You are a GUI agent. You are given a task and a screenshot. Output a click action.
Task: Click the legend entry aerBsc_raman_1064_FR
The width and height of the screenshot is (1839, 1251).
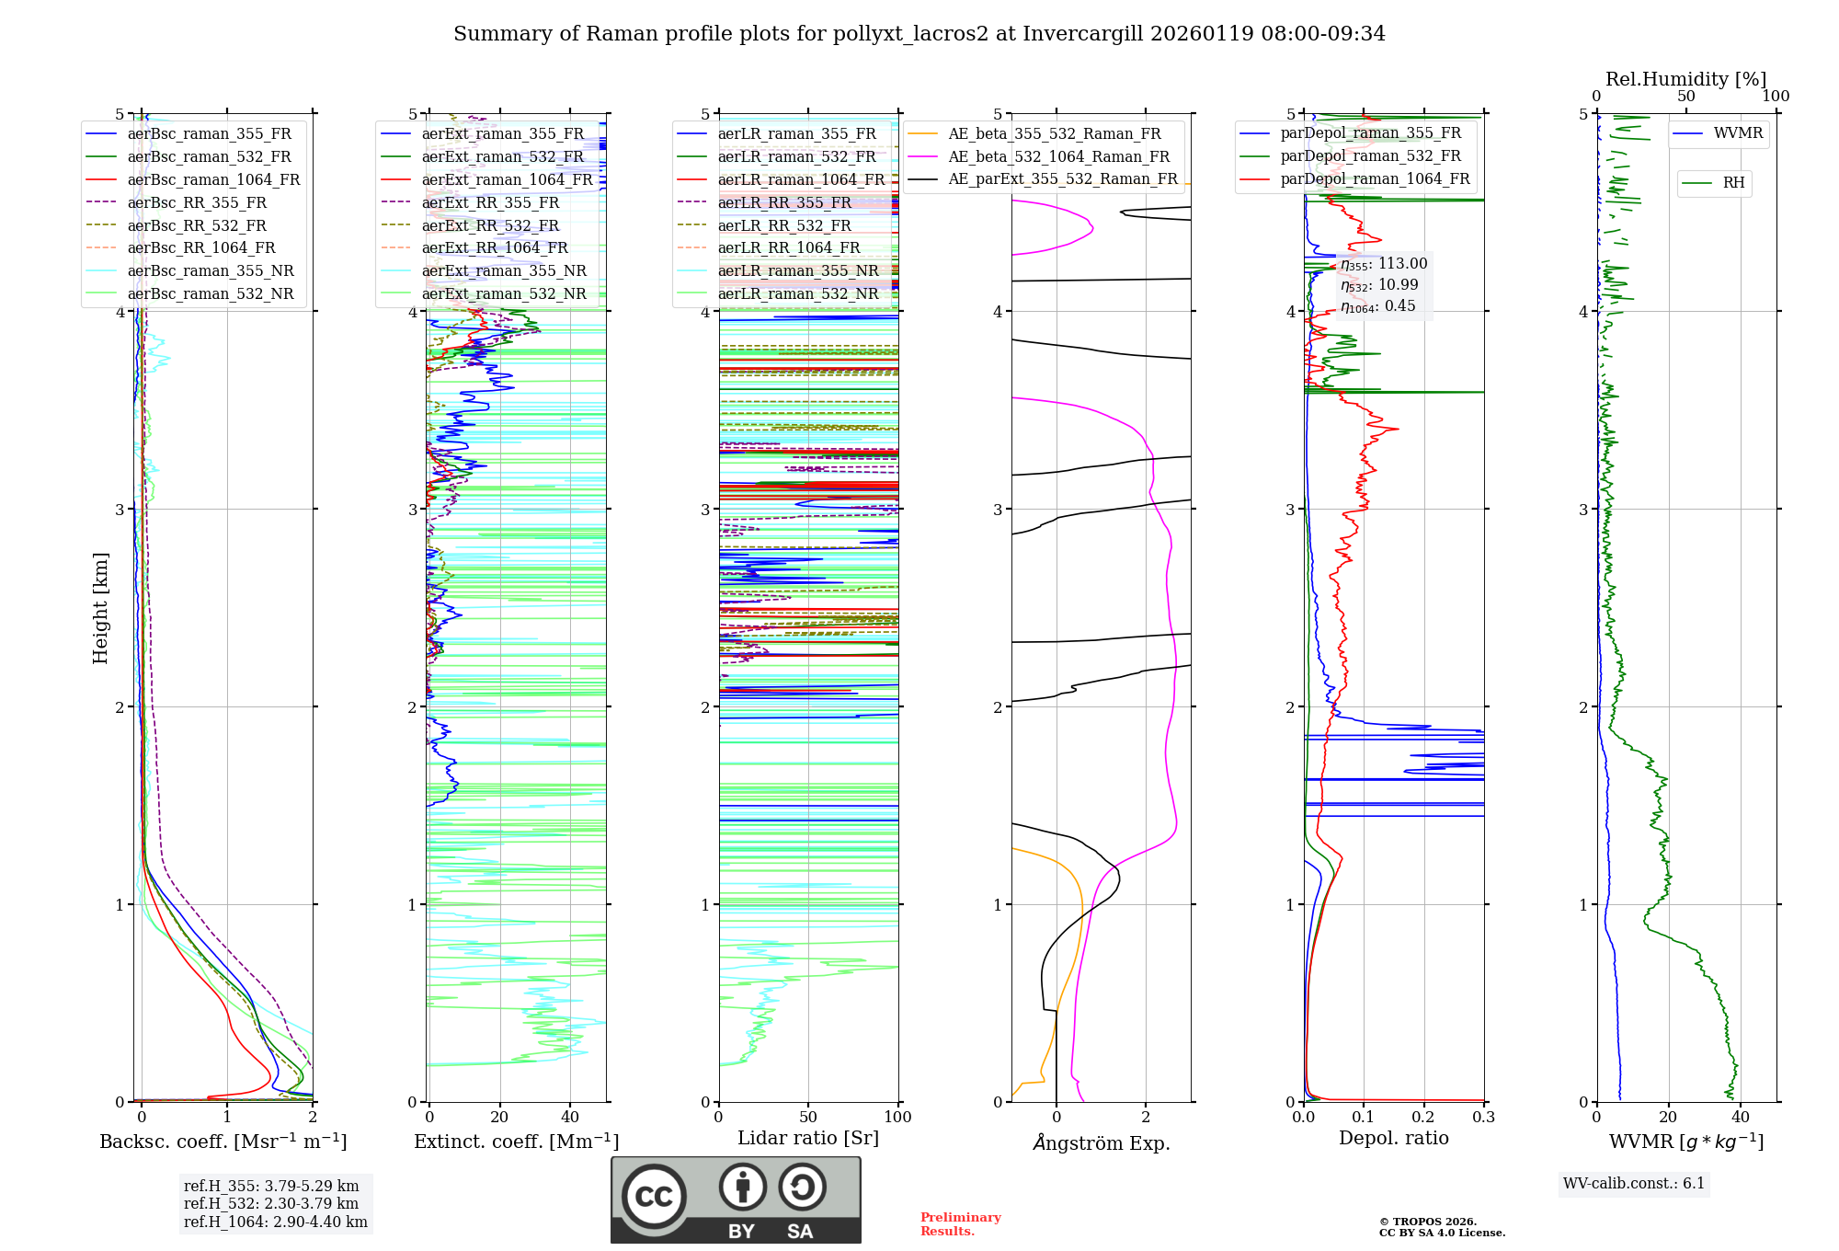pos(213,179)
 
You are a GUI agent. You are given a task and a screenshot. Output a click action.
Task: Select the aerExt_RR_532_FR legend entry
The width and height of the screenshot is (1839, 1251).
pos(490,225)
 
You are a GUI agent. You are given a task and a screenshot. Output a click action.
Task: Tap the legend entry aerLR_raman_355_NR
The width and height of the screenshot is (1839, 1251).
pos(798,270)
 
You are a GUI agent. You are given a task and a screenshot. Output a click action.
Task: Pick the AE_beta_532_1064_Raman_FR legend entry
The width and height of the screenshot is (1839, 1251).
pos(1058,156)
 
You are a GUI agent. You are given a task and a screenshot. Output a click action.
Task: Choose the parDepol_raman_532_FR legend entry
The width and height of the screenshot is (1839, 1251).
pos(1370,155)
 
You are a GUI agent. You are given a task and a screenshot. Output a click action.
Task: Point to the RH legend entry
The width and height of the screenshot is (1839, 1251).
pos(1733,183)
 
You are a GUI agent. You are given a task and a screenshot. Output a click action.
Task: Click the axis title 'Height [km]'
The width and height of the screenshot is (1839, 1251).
pos(100,607)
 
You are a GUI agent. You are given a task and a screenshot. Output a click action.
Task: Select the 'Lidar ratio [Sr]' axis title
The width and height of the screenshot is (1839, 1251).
pos(808,1138)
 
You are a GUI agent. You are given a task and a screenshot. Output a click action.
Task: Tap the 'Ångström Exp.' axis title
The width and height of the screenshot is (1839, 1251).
pos(1102,1142)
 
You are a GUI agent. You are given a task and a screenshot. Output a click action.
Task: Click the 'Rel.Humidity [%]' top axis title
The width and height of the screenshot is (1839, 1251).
pos(1685,79)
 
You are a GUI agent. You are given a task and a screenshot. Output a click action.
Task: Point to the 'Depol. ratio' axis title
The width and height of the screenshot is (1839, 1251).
pos(1393,1138)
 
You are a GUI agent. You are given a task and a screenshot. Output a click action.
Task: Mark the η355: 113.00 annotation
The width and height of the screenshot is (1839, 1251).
pos(1384,264)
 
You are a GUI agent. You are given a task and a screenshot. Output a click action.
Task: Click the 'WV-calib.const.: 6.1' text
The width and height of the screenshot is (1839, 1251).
pos(1634,1183)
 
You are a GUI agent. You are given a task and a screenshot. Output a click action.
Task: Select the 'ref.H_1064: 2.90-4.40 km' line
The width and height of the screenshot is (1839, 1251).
pos(276,1222)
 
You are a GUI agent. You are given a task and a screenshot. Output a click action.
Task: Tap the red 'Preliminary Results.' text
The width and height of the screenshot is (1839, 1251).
pos(960,1223)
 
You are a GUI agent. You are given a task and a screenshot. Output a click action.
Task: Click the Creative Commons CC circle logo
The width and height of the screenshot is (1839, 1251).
pos(654,1196)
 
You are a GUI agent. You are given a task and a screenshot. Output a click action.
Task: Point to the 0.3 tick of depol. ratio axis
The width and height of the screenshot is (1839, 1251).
pos(1483,1117)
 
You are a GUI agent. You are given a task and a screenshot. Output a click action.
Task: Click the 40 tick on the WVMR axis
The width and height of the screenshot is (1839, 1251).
pos(1740,1117)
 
